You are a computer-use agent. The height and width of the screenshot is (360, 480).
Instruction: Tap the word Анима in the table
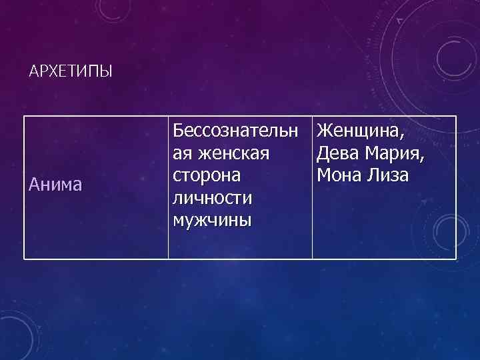[56, 185]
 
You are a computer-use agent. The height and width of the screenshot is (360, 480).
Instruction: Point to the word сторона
[207, 176]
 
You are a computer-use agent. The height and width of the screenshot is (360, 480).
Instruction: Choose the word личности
[211, 199]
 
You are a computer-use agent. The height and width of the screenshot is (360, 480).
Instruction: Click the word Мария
[395, 153]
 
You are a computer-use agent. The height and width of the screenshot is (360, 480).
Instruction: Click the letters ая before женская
[181, 155]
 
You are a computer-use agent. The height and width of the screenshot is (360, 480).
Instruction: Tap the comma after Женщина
[404, 136]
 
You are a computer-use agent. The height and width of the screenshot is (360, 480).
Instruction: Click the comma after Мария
[425, 159]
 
